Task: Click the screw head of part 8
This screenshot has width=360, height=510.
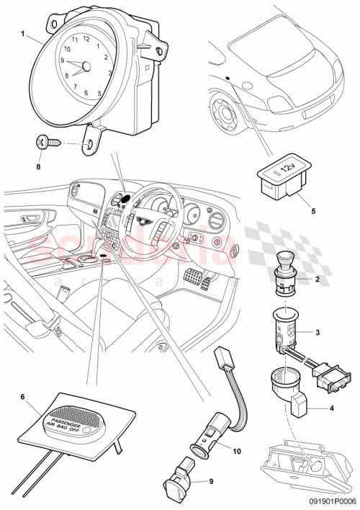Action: click(x=42, y=143)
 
